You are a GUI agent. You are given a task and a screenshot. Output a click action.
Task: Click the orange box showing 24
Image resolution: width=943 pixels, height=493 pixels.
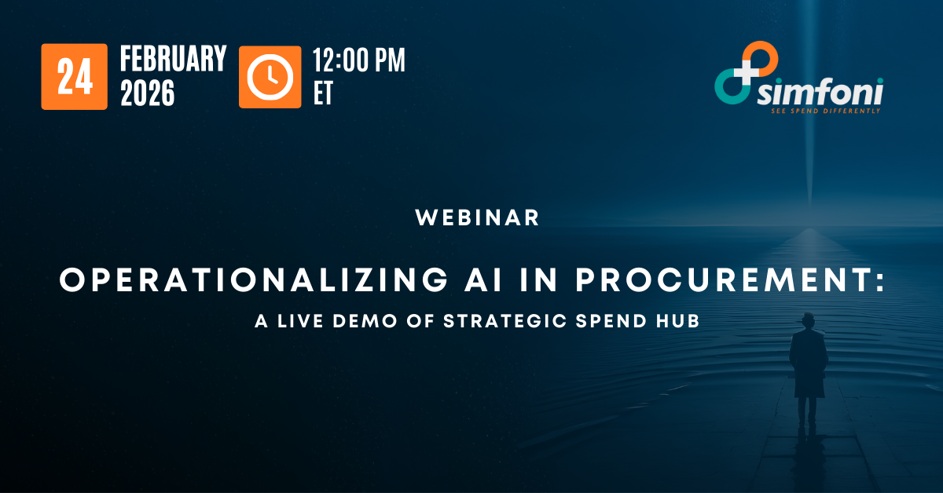[x=74, y=76]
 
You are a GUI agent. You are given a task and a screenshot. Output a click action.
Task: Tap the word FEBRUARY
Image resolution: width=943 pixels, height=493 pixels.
[x=173, y=59]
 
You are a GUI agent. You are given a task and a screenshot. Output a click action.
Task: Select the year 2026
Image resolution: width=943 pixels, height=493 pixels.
[x=147, y=93]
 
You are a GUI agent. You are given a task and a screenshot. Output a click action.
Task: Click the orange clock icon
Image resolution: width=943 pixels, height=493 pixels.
[x=270, y=76]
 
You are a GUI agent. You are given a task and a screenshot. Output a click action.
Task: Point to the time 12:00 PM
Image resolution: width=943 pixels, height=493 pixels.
[x=359, y=60]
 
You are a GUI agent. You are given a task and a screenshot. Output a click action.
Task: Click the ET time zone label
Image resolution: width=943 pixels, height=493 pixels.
[x=323, y=93]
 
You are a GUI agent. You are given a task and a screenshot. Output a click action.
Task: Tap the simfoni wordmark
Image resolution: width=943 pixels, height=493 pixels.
[x=820, y=93]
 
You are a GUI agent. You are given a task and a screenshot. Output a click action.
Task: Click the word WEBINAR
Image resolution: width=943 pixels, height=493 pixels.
[x=478, y=217]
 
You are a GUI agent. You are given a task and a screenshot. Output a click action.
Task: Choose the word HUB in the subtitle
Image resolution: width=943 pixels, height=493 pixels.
[x=679, y=321]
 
